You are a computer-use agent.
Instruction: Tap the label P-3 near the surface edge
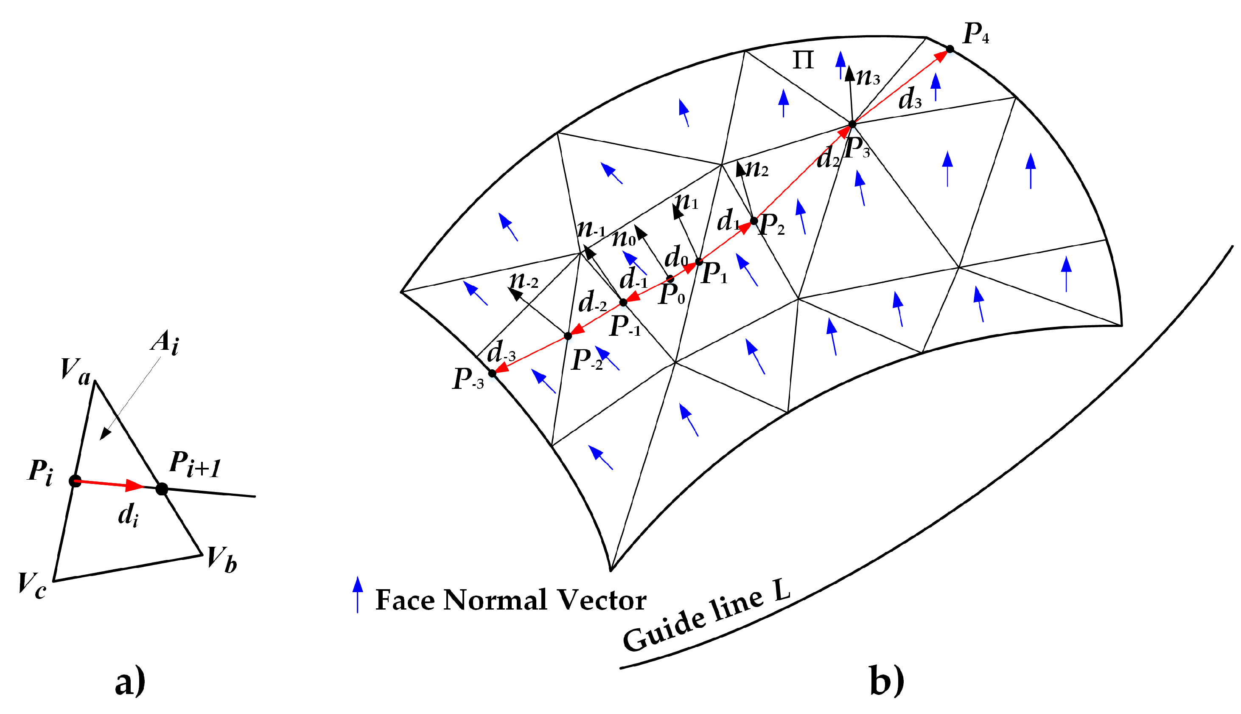click(468, 379)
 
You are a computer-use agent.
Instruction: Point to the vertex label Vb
click(221, 560)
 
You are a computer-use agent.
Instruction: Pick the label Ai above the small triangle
click(165, 342)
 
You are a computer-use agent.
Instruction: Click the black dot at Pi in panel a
click(75, 481)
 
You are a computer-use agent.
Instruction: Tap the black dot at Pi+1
click(162, 489)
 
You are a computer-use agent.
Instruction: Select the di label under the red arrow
click(129, 516)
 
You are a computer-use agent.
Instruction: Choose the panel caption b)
click(887, 680)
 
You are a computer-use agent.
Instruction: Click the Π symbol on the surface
click(803, 60)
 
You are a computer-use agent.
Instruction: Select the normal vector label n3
click(868, 77)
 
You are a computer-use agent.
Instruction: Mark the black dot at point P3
click(852, 124)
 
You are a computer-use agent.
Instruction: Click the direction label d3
click(910, 100)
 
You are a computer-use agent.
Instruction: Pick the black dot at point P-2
click(568, 336)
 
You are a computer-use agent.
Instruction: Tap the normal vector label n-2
click(524, 281)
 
